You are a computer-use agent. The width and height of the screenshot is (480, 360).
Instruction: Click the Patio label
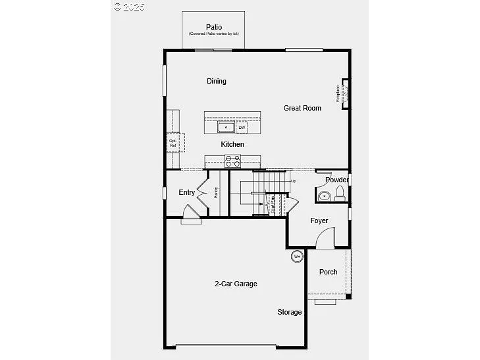(x=213, y=27)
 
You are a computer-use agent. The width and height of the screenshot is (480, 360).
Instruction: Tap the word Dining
(x=217, y=82)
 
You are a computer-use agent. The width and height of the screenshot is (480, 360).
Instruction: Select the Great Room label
(x=302, y=108)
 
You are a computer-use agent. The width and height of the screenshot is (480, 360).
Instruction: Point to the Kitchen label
(x=232, y=144)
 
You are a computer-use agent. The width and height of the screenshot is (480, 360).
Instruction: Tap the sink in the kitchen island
(x=227, y=127)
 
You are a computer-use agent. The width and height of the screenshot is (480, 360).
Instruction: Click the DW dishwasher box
(x=242, y=127)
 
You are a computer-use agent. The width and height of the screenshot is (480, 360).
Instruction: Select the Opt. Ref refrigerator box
(x=174, y=141)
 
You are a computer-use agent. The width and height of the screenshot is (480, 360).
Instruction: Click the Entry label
(x=187, y=193)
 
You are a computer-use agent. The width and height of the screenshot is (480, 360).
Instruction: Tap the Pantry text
(x=216, y=192)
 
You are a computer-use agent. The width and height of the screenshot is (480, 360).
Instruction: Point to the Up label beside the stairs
(x=293, y=181)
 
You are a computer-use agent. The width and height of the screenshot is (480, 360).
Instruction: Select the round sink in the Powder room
(x=323, y=196)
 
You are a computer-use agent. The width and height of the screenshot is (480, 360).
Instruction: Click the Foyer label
(x=319, y=221)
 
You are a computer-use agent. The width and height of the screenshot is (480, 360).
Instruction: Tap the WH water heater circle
(x=296, y=256)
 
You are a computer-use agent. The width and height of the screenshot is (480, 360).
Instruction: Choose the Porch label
(x=328, y=272)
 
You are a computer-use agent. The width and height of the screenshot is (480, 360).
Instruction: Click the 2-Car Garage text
(x=236, y=284)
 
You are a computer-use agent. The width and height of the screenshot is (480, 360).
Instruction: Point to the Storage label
(x=289, y=312)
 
